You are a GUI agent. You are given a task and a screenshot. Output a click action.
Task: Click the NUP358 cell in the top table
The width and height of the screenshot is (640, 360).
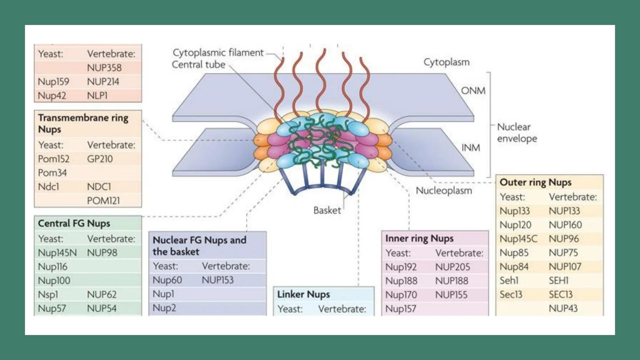coord(104,68)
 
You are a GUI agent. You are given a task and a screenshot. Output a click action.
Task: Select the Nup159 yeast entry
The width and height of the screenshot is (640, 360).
coord(53,82)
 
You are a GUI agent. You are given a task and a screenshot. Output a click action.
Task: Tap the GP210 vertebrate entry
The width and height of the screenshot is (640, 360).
coord(100,159)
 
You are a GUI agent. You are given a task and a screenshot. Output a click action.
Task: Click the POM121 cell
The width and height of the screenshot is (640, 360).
coord(103,201)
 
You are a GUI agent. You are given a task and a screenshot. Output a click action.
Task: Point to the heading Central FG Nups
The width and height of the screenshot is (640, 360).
coord(74,223)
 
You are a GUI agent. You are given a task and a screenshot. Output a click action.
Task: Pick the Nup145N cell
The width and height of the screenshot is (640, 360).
coord(57,253)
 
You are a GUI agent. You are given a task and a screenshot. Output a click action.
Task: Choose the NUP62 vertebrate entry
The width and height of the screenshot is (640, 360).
coord(102,295)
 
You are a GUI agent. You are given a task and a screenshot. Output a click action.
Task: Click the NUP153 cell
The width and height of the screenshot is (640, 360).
coord(217,280)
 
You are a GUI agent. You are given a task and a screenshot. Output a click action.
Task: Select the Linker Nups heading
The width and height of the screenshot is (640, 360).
coord(303,294)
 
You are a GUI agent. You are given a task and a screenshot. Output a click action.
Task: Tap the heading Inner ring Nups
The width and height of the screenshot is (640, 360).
coord(419,238)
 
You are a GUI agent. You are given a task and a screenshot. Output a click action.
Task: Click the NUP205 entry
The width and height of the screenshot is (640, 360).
coord(452,267)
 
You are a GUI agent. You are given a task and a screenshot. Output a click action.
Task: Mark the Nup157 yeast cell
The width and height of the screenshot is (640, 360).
coord(400,309)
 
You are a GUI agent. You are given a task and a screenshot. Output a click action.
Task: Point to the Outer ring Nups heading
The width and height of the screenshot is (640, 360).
coord(535,182)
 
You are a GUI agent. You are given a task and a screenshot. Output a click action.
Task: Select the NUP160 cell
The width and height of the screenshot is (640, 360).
coord(565,225)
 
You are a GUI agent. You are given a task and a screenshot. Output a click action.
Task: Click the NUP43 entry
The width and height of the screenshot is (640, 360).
coord(563,308)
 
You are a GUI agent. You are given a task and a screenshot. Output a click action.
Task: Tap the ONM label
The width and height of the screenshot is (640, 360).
coord(473,91)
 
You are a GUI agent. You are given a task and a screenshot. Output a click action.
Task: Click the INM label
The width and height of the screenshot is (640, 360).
coord(470,148)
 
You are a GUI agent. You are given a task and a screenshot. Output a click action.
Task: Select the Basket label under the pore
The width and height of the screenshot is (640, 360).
coord(327,210)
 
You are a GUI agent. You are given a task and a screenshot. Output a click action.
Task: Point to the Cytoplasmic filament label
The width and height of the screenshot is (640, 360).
coord(218,53)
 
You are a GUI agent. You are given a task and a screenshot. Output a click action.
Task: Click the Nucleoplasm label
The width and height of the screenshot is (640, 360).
coord(444,191)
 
